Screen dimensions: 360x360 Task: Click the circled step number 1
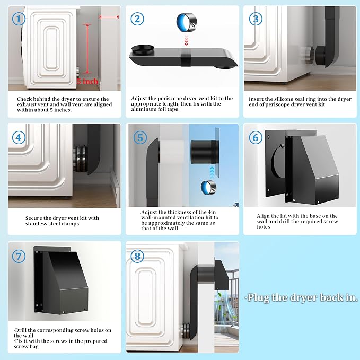pos(19,19)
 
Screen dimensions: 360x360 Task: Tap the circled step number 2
pos(137,19)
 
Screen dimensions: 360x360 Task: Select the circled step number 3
pos(256,19)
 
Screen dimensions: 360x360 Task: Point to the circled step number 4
pos(19,138)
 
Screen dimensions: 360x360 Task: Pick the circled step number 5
pos(140,138)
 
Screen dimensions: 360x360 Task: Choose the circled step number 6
pos(256,138)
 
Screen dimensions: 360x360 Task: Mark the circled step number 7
pos(19,256)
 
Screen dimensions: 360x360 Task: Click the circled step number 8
pos(137,256)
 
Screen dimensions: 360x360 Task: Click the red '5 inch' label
pos(87,81)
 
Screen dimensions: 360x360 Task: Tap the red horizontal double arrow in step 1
pos(109,17)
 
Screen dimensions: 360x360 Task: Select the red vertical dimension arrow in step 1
pos(87,48)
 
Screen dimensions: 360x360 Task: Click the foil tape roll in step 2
pos(187,22)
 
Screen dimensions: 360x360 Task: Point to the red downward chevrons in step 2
pos(187,40)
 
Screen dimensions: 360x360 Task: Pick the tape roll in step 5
pos(208,187)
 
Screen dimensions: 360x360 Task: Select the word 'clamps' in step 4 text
pos(69,224)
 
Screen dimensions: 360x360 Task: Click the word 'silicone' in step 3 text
pos(274,99)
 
